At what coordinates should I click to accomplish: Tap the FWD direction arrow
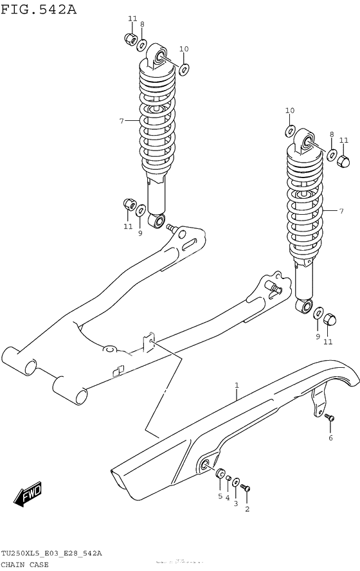28,494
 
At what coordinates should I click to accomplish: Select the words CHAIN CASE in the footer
24,564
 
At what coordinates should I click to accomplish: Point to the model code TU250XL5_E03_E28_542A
51,554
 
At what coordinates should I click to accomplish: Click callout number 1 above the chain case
237,386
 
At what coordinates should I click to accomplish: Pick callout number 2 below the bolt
247,509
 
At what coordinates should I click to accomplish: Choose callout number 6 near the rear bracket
330,438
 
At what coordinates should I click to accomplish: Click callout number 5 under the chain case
220,496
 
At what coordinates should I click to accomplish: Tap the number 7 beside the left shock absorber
120,121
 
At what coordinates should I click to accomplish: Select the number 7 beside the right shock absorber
341,211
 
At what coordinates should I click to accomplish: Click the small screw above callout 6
330,419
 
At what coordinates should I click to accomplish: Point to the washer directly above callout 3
236,482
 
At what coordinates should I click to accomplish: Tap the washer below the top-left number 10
184,68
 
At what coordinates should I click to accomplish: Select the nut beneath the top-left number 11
129,39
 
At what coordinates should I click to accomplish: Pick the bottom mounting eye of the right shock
304,307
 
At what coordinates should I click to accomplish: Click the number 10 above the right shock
289,111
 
